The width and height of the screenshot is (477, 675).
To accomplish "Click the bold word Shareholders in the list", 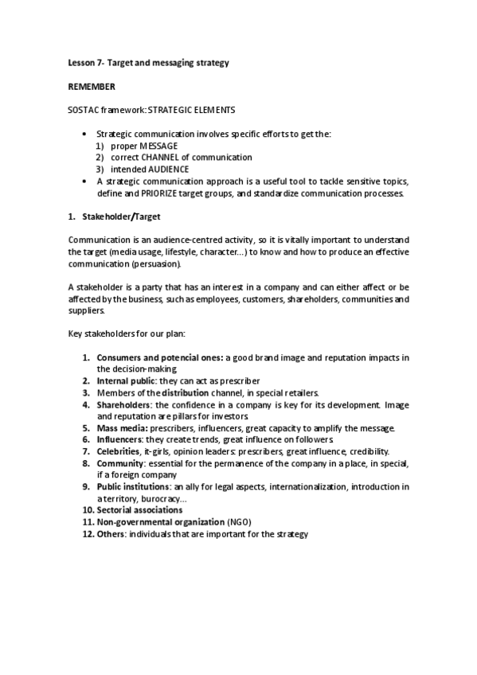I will coord(125,404).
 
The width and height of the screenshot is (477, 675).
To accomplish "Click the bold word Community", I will coord(121,463).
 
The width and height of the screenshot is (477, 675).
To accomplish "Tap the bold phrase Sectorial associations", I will coord(139,509).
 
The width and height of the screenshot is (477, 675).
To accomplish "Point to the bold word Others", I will coord(111,533).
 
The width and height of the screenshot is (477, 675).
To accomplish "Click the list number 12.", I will coord(88,533).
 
